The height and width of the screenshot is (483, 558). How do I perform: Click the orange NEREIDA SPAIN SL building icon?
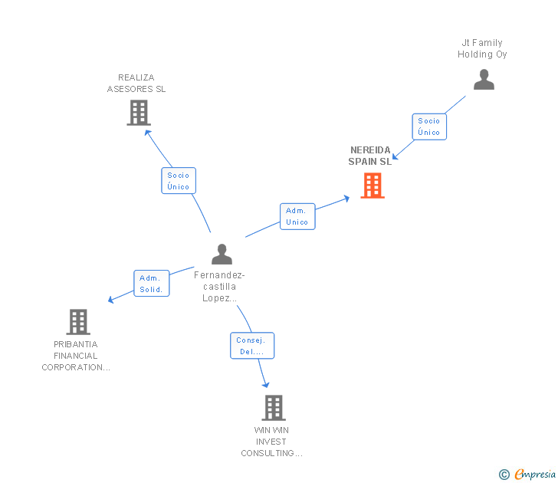point(373,186)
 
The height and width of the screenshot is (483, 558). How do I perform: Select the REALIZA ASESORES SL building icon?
point(138,113)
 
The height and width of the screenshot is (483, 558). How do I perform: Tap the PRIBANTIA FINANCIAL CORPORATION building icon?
point(78,322)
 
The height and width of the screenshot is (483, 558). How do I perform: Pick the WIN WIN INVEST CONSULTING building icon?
point(274,408)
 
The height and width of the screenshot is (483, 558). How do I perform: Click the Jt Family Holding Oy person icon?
point(484,80)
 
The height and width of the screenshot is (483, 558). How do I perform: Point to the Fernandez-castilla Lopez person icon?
point(222,254)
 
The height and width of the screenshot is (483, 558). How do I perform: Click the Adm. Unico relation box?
point(297,216)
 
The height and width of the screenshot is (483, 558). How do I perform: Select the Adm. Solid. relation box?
point(151,284)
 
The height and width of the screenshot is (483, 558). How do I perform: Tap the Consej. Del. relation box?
point(251,346)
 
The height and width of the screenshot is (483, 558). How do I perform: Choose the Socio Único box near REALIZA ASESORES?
point(178,181)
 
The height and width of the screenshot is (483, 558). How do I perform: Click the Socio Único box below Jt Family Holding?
point(429,127)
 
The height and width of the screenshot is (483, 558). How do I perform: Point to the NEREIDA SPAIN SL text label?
point(370,156)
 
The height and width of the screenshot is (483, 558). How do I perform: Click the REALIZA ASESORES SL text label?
point(136,83)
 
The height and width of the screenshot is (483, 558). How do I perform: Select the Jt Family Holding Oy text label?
point(482,48)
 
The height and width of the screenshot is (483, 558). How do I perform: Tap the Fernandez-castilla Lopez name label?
point(219,287)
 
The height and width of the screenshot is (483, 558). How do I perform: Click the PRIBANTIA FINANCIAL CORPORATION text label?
point(76,356)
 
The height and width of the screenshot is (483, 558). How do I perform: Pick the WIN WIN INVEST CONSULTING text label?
point(271,442)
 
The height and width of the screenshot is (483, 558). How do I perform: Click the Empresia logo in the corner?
point(528,475)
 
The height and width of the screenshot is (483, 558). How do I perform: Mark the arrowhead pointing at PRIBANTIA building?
point(111,300)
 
